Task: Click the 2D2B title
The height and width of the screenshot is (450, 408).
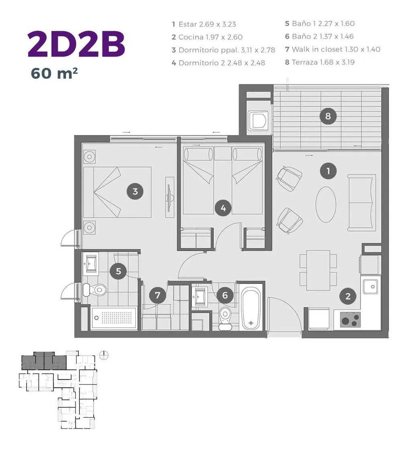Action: coord(76,45)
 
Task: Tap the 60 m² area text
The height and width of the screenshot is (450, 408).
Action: coord(54,73)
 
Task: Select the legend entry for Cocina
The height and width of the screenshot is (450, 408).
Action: coord(207,37)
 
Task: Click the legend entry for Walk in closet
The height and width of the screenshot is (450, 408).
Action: coord(333,49)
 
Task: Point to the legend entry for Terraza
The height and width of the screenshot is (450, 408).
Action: coord(320,62)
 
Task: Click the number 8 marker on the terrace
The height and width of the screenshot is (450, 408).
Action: coord(328,116)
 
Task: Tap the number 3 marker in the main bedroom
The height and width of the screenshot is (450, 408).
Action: coord(135,191)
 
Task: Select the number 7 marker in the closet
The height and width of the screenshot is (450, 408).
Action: coord(157,295)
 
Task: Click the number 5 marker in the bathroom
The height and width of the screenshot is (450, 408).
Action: coord(118,271)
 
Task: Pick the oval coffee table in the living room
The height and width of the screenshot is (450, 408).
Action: coord(326,205)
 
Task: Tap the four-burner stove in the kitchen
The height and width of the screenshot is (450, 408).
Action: coord(350,319)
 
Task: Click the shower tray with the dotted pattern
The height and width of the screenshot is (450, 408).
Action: coord(114,318)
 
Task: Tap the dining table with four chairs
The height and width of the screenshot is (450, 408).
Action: coord(318,270)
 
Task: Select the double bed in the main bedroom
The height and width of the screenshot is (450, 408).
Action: coord(117,192)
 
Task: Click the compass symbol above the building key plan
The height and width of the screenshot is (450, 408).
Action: coord(104,356)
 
